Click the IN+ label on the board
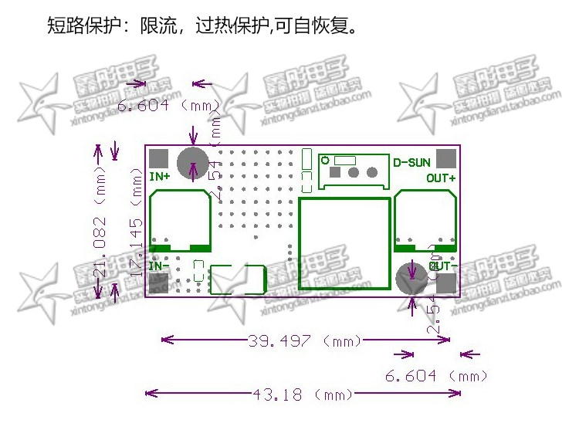click(x=160, y=177)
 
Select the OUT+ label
click(x=441, y=178)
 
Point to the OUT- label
click(x=443, y=266)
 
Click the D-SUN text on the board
click(x=411, y=162)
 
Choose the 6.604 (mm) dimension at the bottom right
click(x=436, y=377)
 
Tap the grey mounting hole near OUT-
click(x=411, y=278)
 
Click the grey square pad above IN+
click(x=158, y=158)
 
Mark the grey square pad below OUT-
click(x=445, y=283)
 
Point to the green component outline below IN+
click(x=180, y=219)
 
